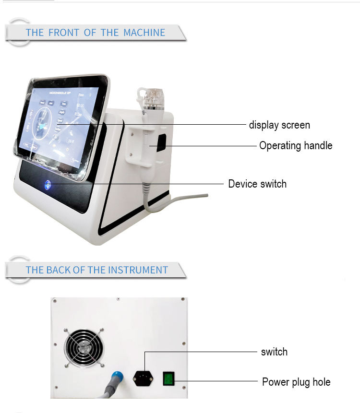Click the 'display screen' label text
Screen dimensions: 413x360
(279, 125)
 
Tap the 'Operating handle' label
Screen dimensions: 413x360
(295, 146)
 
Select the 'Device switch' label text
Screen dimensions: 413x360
(257, 184)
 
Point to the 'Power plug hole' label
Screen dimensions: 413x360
(296, 382)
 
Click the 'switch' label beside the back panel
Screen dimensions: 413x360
(274, 352)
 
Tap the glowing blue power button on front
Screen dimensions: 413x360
(48, 184)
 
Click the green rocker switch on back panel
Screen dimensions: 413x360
(169, 379)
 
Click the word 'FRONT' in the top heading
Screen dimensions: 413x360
(64, 33)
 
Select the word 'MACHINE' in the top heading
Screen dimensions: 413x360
(144, 33)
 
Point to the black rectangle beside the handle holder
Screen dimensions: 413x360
(161, 141)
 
